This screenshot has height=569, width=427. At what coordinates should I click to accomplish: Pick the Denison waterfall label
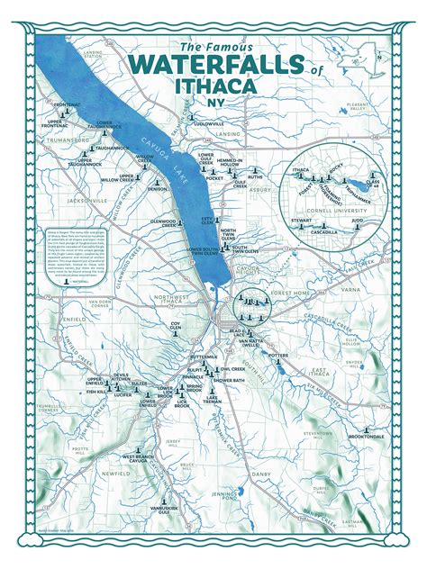pos(158,189)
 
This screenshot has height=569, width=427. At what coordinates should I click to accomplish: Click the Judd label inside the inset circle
pos(357,218)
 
